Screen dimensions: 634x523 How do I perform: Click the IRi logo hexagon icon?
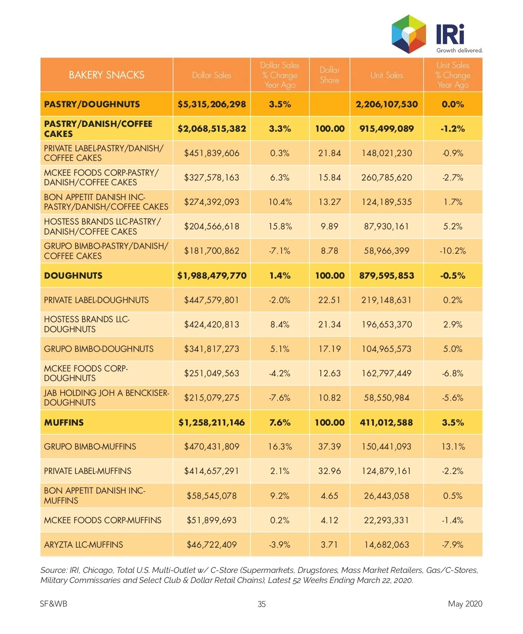(409, 34)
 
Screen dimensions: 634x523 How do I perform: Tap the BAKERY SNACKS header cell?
(106, 75)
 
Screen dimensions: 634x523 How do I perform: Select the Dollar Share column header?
(329, 75)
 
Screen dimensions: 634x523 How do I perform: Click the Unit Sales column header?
(387, 75)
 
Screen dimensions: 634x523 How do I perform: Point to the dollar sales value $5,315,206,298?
(212, 104)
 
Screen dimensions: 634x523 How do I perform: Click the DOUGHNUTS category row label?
(73, 276)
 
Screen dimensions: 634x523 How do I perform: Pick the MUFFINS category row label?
(64, 423)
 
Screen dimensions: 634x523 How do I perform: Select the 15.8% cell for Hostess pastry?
(280, 226)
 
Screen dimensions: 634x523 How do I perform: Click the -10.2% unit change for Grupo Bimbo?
(452, 251)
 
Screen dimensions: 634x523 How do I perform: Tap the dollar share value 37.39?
(329, 447)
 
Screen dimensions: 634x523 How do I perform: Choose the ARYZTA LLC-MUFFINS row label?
(83, 545)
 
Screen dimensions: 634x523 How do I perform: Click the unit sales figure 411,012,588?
(386, 423)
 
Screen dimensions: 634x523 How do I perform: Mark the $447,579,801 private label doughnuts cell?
(211, 300)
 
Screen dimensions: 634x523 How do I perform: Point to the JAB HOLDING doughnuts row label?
(106, 398)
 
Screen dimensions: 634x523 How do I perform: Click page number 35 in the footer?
(261, 604)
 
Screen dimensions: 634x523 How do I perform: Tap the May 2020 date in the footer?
(465, 603)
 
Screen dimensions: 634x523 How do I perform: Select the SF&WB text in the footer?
(53, 603)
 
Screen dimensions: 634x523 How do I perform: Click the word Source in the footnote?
(54, 570)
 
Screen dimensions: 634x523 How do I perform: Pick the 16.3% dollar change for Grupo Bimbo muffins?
(280, 447)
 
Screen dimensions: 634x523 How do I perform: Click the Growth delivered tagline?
(459, 50)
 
